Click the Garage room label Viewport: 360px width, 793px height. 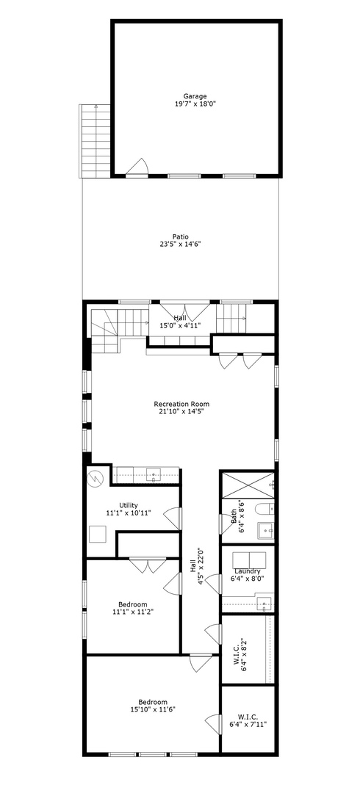coord(195,95)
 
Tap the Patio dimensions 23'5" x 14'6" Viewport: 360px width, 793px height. coord(181,244)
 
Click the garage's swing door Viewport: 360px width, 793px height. coord(137,169)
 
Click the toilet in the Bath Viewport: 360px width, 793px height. coord(262,509)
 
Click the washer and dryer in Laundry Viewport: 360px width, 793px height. coord(248,559)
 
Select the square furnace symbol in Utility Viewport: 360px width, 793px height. coord(97,535)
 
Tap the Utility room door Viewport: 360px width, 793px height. coord(173,518)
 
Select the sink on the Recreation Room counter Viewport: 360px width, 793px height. coord(154,475)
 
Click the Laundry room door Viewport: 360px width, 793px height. coord(214,584)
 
